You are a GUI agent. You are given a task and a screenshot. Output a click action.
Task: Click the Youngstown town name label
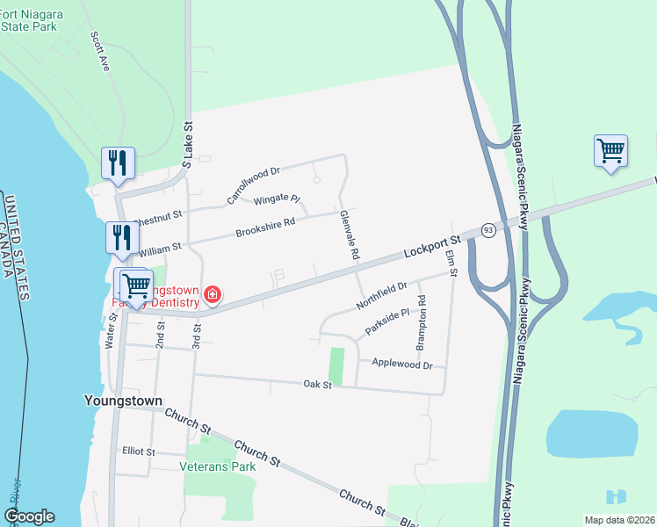123,401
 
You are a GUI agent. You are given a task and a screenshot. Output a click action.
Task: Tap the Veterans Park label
218,466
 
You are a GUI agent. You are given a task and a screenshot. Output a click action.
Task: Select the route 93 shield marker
487,230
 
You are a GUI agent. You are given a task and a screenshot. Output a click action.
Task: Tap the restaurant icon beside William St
122,237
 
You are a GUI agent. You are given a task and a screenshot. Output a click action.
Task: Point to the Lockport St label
432,245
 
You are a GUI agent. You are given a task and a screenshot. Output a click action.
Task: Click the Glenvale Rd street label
350,235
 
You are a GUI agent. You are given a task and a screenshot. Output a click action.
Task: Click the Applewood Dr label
402,364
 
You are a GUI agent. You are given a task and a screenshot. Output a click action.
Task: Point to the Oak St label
317,384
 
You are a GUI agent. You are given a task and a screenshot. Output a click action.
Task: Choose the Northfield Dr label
382,295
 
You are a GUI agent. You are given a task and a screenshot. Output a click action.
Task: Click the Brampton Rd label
422,321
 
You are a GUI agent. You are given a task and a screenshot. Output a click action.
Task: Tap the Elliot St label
139,451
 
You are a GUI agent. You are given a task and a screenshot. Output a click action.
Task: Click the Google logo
29,516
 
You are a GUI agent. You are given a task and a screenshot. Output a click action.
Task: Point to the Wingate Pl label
277,200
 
